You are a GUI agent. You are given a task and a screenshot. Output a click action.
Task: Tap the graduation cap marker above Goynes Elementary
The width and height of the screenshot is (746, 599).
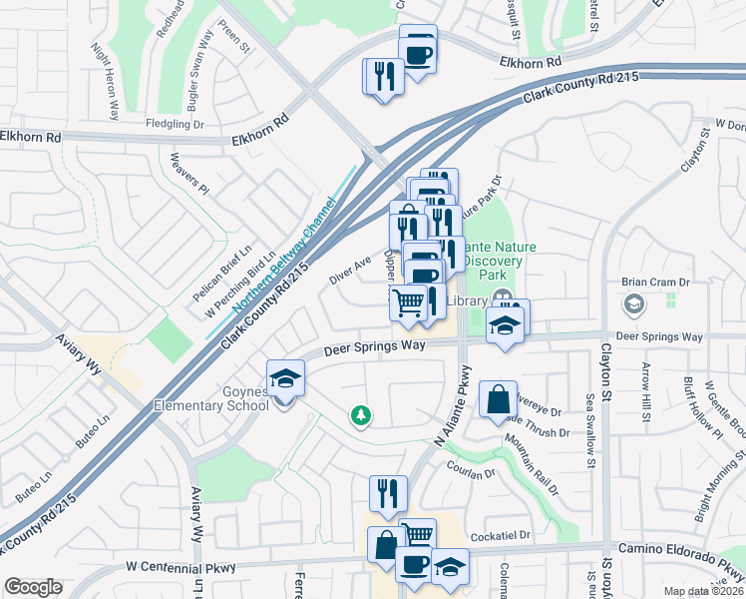coord(285,378)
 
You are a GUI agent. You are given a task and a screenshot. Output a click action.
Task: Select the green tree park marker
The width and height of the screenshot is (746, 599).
coord(360,414)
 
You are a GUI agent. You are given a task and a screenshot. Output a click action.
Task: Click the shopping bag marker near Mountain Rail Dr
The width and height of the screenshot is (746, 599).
coord(498,399)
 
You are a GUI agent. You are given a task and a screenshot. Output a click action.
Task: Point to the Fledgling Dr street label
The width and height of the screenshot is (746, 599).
coord(177,125)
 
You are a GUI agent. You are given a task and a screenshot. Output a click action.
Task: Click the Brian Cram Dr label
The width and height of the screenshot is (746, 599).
coord(654,283)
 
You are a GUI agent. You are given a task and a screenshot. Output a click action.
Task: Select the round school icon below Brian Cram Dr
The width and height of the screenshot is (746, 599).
coord(632,303)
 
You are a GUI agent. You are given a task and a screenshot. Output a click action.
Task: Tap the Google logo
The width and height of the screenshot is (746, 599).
coord(33,587)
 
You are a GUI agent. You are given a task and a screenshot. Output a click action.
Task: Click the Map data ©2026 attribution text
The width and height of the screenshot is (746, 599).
coord(704,591)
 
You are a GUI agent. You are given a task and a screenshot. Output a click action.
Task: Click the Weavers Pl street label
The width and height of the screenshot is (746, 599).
coord(188,174)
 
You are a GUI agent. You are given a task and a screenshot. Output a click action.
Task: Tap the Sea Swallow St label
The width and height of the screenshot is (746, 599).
coord(589,429)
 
